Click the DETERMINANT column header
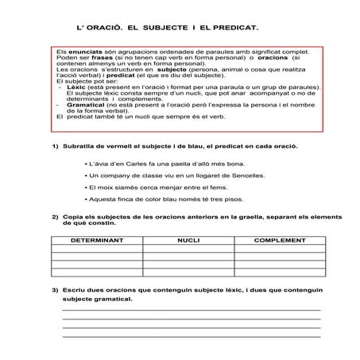96,238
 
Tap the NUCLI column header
188,238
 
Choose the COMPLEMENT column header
279,238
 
